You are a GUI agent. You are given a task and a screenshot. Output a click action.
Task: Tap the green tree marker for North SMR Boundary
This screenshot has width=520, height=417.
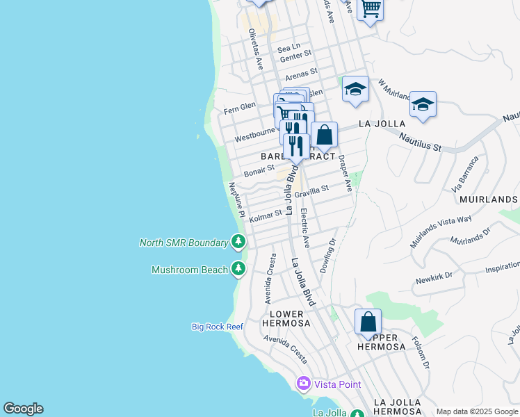[x=238, y=242]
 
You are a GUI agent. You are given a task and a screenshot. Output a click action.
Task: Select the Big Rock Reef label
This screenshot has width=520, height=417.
[x=217, y=326]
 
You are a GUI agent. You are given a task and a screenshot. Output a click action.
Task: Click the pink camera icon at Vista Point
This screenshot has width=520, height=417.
[x=303, y=383]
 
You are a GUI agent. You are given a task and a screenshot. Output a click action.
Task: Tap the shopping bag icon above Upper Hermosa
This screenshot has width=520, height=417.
[x=368, y=322]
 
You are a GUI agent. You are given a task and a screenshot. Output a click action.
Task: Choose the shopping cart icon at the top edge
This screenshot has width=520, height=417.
[x=371, y=9]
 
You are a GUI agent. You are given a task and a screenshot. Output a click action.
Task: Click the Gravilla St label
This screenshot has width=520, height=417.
[x=311, y=191]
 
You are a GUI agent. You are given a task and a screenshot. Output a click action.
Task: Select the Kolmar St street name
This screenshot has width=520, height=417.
[x=266, y=216]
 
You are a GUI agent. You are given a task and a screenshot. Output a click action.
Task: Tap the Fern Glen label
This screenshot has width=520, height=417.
[x=240, y=107]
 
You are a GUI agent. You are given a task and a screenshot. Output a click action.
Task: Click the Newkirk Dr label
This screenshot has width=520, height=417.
[x=434, y=279]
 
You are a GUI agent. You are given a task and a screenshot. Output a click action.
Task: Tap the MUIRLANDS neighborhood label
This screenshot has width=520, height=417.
[x=489, y=199]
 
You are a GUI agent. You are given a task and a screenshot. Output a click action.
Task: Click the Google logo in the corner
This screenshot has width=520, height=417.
[x=23, y=409]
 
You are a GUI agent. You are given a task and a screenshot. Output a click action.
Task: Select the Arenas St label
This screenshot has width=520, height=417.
[x=301, y=72]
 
